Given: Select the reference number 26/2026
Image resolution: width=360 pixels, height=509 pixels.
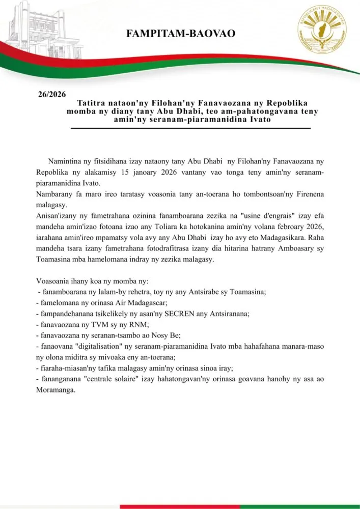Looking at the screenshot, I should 52,95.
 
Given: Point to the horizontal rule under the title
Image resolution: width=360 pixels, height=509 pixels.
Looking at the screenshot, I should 190,128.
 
